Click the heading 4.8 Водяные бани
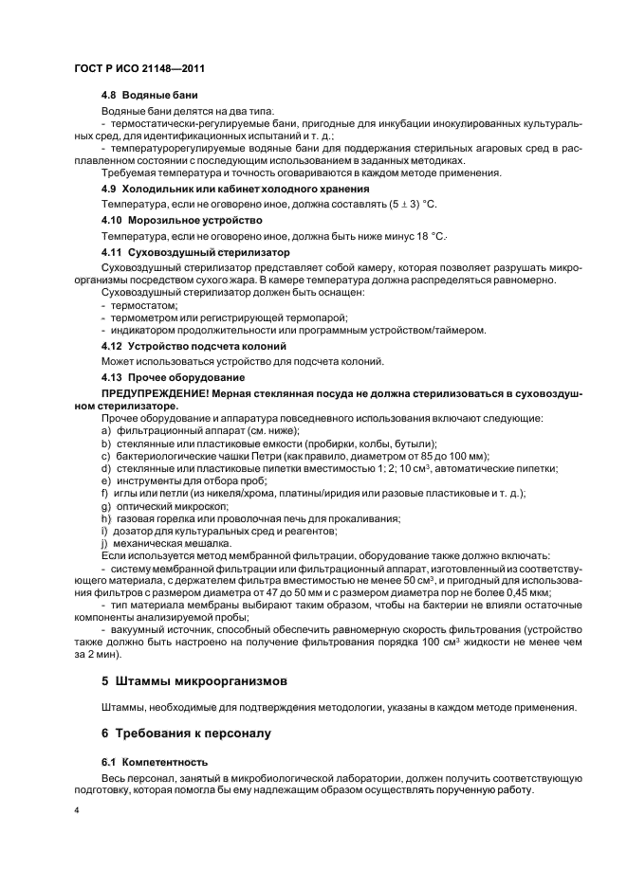pos(142,97)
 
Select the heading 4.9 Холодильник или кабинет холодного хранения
pos(214,189)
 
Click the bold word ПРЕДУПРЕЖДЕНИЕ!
pos(156,392)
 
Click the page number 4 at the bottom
pos(79,810)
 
